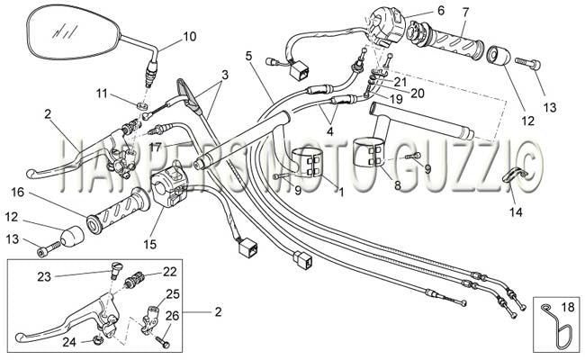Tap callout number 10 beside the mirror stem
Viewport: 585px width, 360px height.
(x=190, y=37)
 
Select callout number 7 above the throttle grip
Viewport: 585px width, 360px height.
(x=465, y=13)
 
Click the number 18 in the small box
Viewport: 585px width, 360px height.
(x=568, y=307)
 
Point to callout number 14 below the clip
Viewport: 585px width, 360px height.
(x=517, y=211)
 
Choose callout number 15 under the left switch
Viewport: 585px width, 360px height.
(x=150, y=245)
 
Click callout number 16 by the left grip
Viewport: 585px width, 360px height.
(x=17, y=193)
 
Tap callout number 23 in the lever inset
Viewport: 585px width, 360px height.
(x=44, y=276)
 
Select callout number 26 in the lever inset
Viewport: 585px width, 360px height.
(x=172, y=316)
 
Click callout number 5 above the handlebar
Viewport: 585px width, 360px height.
(x=248, y=56)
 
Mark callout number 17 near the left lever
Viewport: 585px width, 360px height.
(x=156, y=148)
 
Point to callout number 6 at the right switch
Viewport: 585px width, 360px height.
(x=441, y=10)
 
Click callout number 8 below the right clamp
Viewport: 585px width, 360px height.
(x=397, y=185)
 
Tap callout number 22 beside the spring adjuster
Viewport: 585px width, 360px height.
(x=169, y=271)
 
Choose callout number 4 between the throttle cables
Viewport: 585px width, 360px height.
(x=329, y=130)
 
